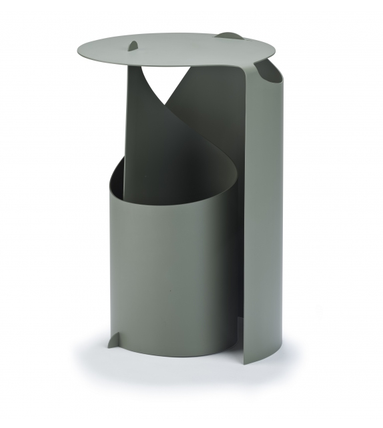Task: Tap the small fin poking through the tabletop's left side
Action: [133, 45]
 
